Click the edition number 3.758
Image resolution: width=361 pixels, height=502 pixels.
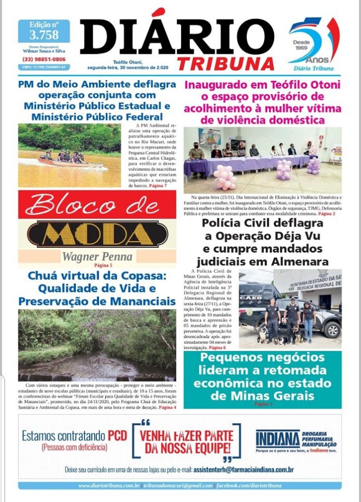[44, 35]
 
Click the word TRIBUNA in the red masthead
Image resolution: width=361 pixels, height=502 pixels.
[226, 63]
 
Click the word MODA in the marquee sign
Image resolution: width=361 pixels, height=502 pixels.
[97, 235]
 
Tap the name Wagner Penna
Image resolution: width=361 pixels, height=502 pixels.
[97, 257]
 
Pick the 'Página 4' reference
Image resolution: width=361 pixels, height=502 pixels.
[167, 408]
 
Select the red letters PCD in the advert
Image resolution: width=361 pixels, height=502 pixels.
[117, 436]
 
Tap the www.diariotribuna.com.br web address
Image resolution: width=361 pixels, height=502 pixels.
[109, 485]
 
